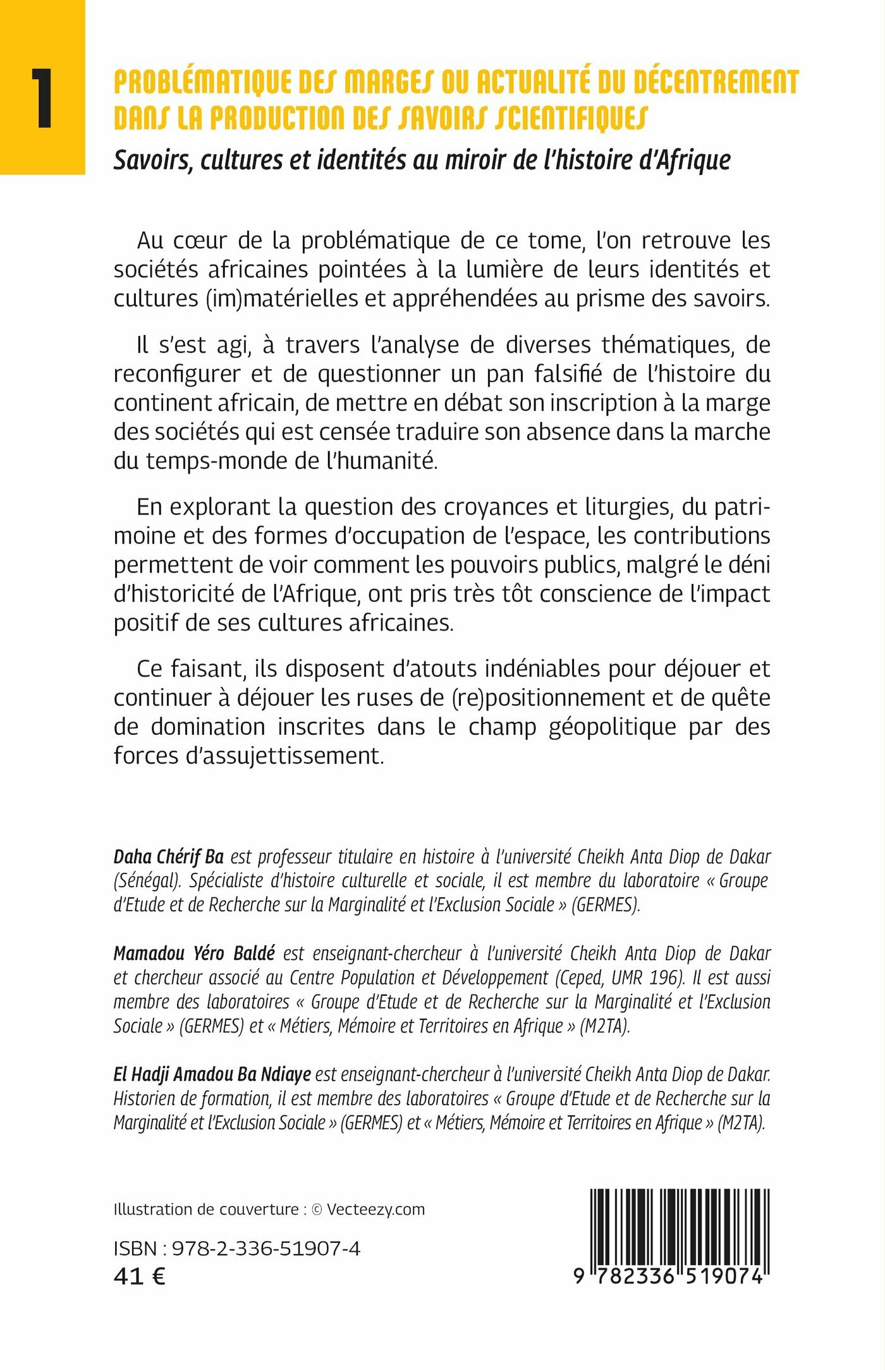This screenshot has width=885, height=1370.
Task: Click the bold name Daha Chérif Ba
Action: (169, 857)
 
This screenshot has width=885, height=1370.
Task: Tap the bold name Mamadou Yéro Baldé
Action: (194, 954)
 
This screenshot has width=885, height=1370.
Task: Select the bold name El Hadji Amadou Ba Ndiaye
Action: (212, 1074)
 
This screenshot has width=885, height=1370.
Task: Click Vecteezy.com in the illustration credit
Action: (375, 1209)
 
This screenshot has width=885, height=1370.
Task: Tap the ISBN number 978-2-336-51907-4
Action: (266, 1249)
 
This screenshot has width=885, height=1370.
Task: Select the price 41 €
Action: (140, 1277)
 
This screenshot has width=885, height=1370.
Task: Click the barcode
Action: (679, 1229)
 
